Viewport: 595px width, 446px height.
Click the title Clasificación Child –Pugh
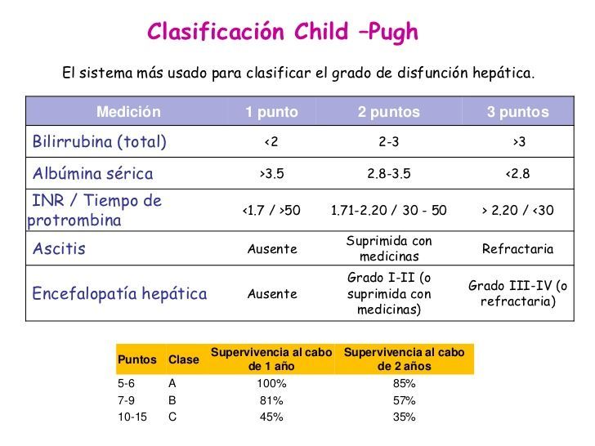coord(282,32)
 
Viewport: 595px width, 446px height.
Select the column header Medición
coord(128,112)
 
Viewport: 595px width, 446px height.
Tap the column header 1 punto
coord(271,112)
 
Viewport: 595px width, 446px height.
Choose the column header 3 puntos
coord(517,112)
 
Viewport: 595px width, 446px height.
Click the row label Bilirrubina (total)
coord(99,142)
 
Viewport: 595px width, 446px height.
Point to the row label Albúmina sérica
coord(92,174)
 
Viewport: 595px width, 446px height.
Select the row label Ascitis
coord(58,248)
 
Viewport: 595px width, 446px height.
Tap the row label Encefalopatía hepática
coord(119,293)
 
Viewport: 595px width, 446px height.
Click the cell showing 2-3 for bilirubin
coord(388,142)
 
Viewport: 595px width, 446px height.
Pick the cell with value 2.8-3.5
coord(388,174)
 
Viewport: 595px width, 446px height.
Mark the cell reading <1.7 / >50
coord(271,211)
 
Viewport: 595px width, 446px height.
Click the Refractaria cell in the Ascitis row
coord(517,249)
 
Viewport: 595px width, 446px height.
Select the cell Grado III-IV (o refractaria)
coord(517,293)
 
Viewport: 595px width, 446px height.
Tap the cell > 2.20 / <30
coord(517,211)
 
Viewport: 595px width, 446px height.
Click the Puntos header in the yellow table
coord(137,359)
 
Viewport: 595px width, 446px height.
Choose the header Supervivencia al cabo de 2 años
coord(404,359)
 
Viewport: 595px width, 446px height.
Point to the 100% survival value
coord(271,383)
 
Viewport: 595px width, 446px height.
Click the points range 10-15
coord(132,417)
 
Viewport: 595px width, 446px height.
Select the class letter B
coord(172,400)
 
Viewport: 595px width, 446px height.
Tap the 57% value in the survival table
coord(404,400)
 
